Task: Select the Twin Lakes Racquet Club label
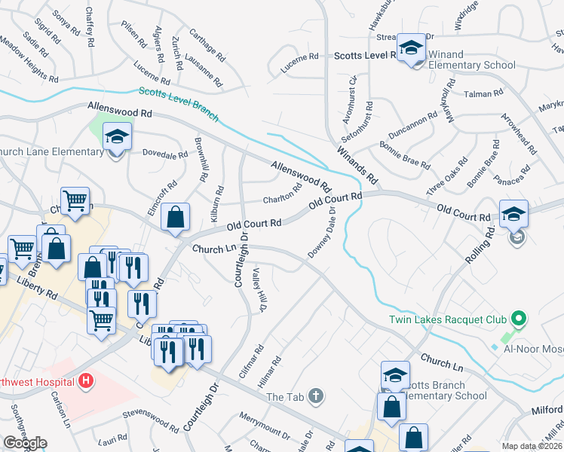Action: [447, 319]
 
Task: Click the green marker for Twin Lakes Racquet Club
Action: [516, 319]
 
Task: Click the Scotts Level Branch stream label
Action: [179, 105]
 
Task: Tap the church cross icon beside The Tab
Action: [317, 395]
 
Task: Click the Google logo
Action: [25, 443]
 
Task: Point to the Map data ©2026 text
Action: [532, 446]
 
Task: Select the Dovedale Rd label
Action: [164, 155]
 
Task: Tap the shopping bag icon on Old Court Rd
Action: [175, 218]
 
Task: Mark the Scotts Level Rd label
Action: [366, 55]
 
